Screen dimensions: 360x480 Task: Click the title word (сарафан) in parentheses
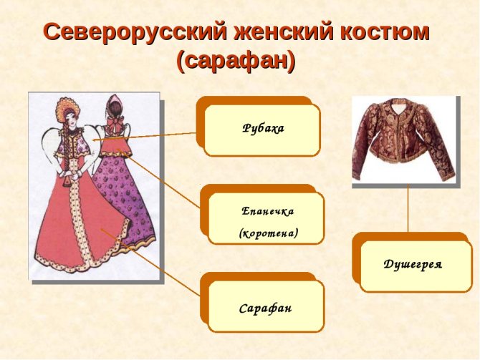pos(236,62)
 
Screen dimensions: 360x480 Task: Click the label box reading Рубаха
pos(262,129)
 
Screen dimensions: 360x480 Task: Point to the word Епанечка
pos(268,211)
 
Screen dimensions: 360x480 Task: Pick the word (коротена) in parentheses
pos(268,233)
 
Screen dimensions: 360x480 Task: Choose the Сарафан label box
pos(266,308)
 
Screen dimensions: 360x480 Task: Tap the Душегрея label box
pos(413,265)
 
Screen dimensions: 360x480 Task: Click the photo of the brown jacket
pos(405,140)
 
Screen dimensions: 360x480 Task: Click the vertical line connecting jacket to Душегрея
pos(408,208)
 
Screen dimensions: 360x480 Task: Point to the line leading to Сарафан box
pos(158,265)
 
